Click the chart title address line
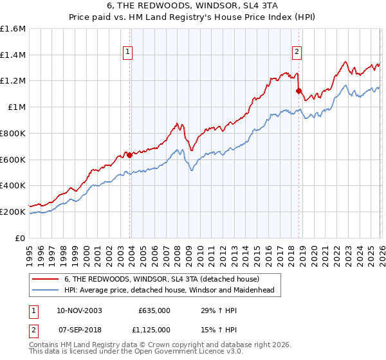[x=192, y=6]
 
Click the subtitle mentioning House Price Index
[x=192, y=17]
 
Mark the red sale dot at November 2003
[x=129, y=155]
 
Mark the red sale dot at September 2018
[x=299, y=91]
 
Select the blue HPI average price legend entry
[x=169, y=290]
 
